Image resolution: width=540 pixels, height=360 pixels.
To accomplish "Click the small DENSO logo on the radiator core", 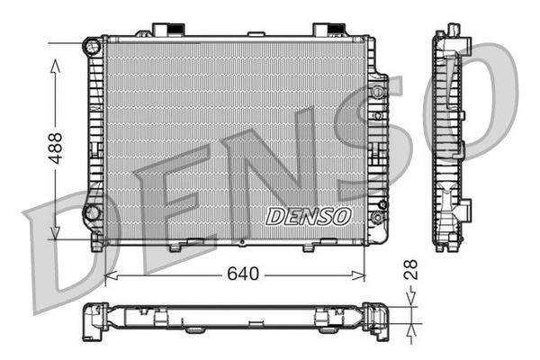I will tap(309, 216).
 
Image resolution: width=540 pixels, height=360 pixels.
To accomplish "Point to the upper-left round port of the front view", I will tap(91, 46).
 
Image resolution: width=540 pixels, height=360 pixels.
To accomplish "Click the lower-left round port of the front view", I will tap(91, 213).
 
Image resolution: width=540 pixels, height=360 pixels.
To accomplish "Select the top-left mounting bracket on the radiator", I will tap(165, 30).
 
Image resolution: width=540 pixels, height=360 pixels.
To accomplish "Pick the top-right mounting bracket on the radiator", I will tap(326, 30).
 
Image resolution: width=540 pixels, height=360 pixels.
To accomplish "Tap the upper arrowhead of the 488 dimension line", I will tap(56, 66).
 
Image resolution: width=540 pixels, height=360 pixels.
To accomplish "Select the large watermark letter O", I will tap(468, 99).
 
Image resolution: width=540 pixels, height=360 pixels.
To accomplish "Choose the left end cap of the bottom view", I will tap(93, 321).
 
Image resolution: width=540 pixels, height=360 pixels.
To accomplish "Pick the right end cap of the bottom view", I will tap(378, 321).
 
